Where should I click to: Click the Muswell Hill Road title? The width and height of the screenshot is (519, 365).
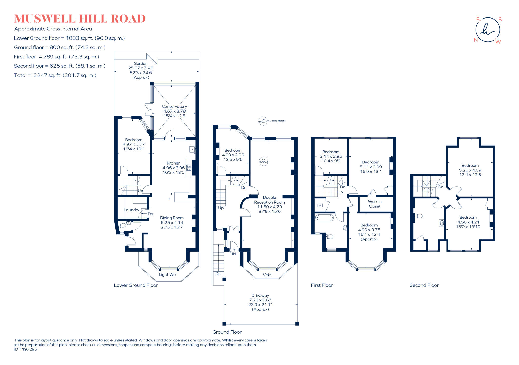coord(80,19)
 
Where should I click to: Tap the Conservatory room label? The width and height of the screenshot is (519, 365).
coord(174,107)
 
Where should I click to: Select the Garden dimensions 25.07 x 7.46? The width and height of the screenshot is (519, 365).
coord(141,68)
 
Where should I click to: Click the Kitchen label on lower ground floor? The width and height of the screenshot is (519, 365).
coord(174,163)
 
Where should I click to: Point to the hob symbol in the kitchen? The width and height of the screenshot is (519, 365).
coord(189,167)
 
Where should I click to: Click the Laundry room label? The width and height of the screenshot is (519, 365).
coord(131,210)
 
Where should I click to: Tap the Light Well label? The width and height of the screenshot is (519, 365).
coord(168,275)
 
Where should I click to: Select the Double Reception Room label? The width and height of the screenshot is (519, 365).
coord(269,200)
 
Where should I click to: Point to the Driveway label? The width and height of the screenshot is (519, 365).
coord(260,296)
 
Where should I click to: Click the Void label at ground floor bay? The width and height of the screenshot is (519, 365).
coord(267,275)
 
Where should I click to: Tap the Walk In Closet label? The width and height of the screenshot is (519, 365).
coord(375,204)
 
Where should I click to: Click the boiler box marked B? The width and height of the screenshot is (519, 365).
coord(320,205)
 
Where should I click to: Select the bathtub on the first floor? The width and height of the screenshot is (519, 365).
coord(324,218)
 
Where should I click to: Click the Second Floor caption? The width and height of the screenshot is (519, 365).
coord(424,285)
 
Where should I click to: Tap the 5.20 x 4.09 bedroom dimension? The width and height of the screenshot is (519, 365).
coord(470,170)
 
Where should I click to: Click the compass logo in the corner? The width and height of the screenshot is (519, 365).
coord(488,30)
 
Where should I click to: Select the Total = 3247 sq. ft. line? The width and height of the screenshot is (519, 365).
coord(55,75)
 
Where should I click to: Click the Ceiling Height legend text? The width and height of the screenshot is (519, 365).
coord(277,121)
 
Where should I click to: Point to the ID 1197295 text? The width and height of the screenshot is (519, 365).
coord(26,349)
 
